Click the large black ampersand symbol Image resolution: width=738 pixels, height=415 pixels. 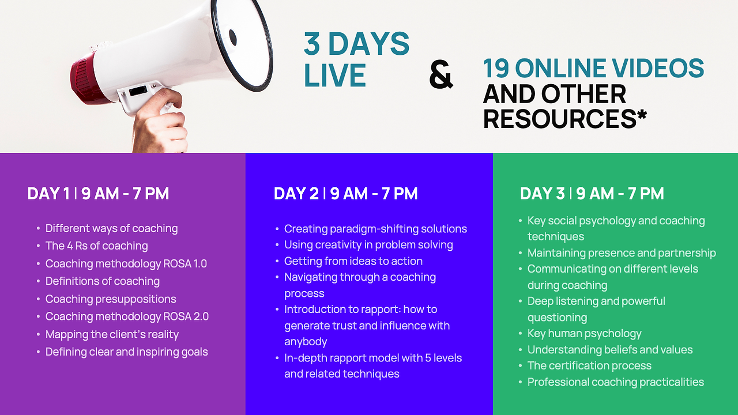(441, 75)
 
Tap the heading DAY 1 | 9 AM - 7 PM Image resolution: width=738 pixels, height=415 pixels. (98, 193)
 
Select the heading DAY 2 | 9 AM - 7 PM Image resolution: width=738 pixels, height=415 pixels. (345, 193)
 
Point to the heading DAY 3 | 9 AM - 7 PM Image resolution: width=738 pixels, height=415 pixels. (592, 193)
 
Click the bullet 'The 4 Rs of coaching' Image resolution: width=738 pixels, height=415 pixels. (96, 246)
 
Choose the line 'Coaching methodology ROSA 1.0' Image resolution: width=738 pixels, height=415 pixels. (126, 263)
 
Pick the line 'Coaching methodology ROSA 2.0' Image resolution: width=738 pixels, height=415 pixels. (127, 316)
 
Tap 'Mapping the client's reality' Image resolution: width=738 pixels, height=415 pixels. (112, 334)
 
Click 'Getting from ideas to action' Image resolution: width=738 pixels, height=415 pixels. (353, 261)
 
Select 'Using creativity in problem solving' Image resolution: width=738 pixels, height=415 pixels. (368, 245)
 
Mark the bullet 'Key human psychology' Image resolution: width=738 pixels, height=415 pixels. (585, 333)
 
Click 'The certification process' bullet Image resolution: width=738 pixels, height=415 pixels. (589, 365)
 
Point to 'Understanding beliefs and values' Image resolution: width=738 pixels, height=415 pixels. (610, 349)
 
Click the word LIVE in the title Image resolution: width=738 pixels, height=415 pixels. (335, 75)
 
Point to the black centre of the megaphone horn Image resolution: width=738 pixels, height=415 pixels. (232, 37)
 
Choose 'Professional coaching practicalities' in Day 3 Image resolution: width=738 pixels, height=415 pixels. (615, 382)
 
